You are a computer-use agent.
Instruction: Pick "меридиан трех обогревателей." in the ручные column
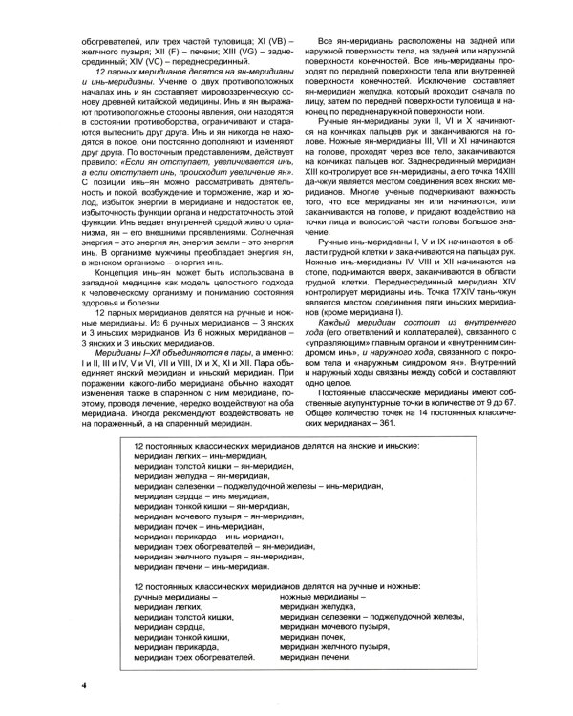tap(195, 658)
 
